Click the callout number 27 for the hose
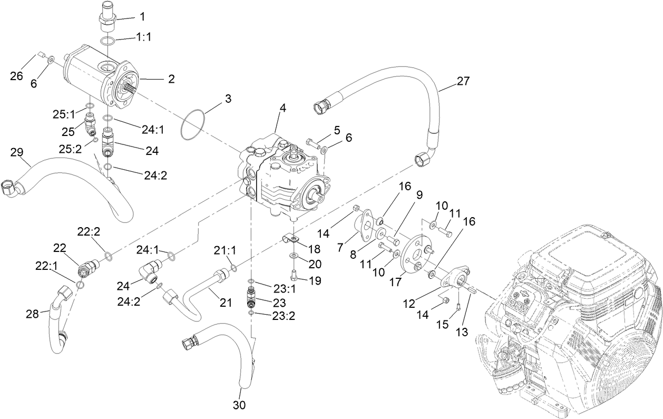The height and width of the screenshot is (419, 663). click(x=463, y=81)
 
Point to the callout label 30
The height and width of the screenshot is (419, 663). click(x=240, y=405)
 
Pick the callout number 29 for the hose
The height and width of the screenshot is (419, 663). click(x=17, y=152)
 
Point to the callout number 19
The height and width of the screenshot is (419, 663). click(x=315, y=280)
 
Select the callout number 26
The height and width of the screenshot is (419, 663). click(x=17, y=76)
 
